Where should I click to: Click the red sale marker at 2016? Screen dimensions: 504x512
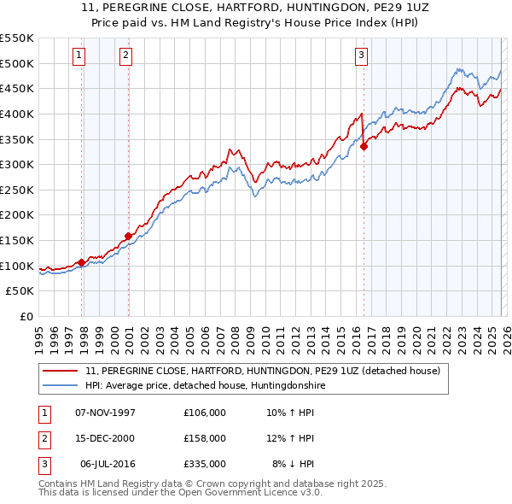pyautogui.click(x=364, y=146)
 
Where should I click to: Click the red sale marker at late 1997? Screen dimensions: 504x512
pyautogui.click(x=81, y=262)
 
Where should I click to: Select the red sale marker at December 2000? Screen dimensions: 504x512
pyautogui.click(x=128, y=236)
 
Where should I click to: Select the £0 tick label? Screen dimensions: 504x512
pyautogui.click(x=26, y=316)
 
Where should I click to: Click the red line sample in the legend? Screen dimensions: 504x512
pyautogui.click(x=60, y=371)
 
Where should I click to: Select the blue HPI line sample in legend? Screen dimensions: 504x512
pyautogui.click(x=60, y=385)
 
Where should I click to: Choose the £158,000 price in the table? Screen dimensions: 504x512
pyautogui.click(x=205, y=438)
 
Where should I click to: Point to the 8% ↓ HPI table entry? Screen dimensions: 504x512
pyautogui.click(x=294, y=464)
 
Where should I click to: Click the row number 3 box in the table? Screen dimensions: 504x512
pyautogui.click(x=42, y=464)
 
